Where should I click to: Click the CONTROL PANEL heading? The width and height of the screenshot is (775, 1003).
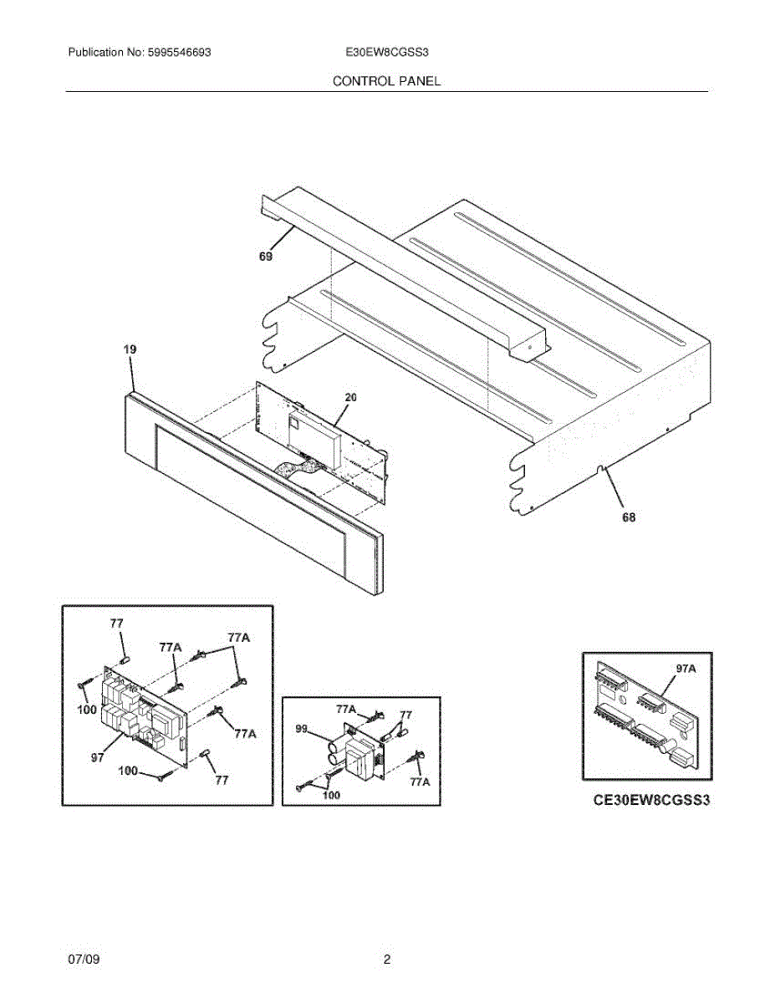386,81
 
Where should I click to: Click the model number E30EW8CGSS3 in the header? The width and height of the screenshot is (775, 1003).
387,52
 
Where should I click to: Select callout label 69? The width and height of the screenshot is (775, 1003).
265,257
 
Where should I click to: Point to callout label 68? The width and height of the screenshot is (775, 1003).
628,517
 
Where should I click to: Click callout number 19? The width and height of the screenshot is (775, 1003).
130,349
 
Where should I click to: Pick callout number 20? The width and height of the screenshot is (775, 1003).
350,398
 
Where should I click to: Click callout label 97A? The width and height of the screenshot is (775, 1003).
686,668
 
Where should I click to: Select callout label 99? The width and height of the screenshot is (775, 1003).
303,729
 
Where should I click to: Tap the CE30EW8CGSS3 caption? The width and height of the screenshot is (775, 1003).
651,800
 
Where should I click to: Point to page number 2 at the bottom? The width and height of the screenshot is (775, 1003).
386,960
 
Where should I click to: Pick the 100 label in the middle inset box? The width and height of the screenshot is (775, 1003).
331,796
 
